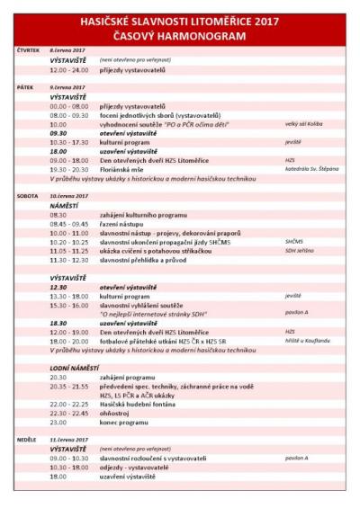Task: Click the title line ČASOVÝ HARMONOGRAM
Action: click(x=179, y=35)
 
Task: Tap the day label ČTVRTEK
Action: click(x=29, y=50)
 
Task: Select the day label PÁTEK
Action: click(x=25, y=87)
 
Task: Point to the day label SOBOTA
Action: click(x=27, y=194)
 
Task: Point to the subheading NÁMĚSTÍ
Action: click(x=65, y=205)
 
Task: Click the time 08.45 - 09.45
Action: click(x=70, y=224)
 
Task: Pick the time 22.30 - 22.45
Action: click(x=70, y=413)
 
